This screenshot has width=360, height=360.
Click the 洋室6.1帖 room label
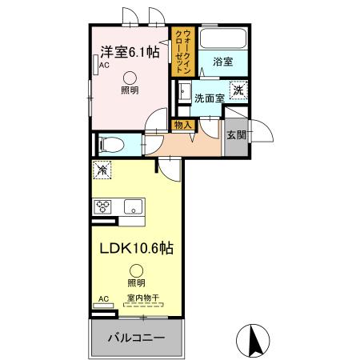pos(129,52)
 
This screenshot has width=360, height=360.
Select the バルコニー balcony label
pos(137,338)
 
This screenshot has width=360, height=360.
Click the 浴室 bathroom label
pos(223,60)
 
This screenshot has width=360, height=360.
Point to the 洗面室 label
pos(210,98)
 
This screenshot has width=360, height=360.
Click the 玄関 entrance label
pos(236,134)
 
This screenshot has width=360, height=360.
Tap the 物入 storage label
pos(182,124)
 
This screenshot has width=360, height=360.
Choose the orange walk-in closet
pos(182,51)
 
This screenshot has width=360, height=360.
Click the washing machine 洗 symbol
pos(238,90)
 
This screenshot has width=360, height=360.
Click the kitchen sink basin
pos(134,207)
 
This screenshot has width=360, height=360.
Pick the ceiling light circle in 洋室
pos(129,78)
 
